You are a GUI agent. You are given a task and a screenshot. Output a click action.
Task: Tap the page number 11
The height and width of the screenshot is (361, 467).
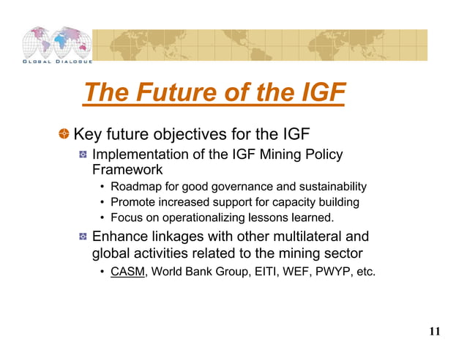[434, 332]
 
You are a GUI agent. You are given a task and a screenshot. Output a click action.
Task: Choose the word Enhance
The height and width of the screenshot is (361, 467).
[120, 237]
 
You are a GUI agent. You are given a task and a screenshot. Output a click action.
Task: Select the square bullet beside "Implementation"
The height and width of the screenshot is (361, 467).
[83, 155]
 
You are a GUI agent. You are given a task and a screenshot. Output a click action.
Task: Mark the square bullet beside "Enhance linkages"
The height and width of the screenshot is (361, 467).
[83, 238]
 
